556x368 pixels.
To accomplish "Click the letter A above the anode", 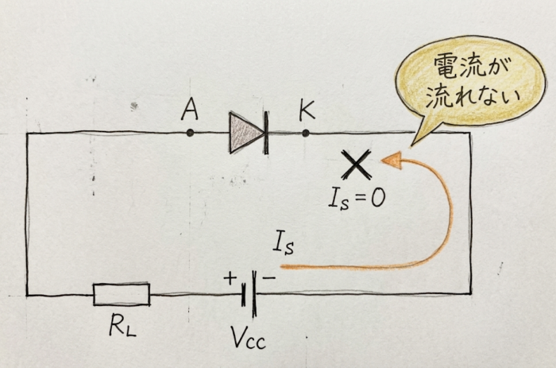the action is tap(190, 110).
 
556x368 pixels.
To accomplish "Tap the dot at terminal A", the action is tap(191, 133).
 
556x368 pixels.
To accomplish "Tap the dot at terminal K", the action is tap(306, 133).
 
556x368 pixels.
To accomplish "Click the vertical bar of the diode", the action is tap(266, 133).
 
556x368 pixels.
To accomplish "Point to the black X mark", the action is tap(357, 165).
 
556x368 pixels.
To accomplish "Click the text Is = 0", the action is tap(357, 199).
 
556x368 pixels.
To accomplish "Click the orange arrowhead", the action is tap(392, 161).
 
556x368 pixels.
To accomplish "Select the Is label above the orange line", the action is tap(284, 243).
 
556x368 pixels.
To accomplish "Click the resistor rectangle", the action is tap(122, 294).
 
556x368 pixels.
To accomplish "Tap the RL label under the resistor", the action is tap(122, 325).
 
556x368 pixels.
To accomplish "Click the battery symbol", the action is tap(249, 294).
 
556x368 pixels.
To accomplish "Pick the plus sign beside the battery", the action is tap(230, 278).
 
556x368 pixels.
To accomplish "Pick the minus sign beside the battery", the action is tap(268, 278).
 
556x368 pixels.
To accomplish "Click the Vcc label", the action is tap(248, 338).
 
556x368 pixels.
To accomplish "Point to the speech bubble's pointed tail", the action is tap(412, 145).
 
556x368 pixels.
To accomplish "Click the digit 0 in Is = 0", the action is tap(378, 198).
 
